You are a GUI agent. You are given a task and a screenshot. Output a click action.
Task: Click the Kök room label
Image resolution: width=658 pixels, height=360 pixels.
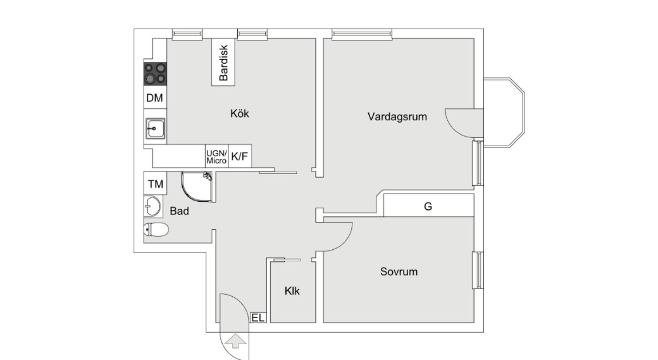pos(240,113)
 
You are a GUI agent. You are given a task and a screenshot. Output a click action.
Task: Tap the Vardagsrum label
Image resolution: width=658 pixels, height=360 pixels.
pos(397,116)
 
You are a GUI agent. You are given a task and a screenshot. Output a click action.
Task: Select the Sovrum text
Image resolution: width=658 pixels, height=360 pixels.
pos(399,271)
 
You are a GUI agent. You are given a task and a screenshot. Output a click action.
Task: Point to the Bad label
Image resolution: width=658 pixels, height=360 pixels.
pos(179,211)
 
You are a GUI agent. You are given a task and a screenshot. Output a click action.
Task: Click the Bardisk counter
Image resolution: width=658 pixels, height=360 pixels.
pos(223,62)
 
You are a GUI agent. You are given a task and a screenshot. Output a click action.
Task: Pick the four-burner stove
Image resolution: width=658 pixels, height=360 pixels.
pos(155,73)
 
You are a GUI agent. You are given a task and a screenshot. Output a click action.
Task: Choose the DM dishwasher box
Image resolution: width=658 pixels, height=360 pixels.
pos(155,98)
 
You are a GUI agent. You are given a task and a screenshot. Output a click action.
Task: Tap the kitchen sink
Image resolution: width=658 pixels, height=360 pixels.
pos(155,128)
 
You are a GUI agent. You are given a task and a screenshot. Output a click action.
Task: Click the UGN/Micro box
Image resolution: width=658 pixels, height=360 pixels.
pos(216,156)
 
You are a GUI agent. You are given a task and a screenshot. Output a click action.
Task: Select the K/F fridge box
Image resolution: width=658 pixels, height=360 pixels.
pos(240,156)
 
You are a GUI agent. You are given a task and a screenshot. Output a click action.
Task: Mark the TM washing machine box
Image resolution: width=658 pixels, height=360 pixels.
pos(155,183)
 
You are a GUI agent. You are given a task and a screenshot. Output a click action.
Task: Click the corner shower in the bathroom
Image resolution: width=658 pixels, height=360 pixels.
pos(197,186)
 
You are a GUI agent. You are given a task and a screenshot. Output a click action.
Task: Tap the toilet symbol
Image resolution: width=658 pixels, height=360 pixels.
pos(156,230)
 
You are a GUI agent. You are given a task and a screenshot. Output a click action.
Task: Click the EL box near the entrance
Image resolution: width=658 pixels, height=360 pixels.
pos(258,318)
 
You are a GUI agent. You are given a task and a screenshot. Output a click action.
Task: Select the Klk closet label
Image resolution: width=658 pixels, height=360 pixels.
pos(292,291)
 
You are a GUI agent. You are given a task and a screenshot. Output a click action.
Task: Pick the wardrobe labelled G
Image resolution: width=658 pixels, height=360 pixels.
pos(428,206)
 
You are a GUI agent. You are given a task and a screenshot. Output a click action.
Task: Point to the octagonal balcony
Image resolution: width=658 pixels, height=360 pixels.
pos(504,112)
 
